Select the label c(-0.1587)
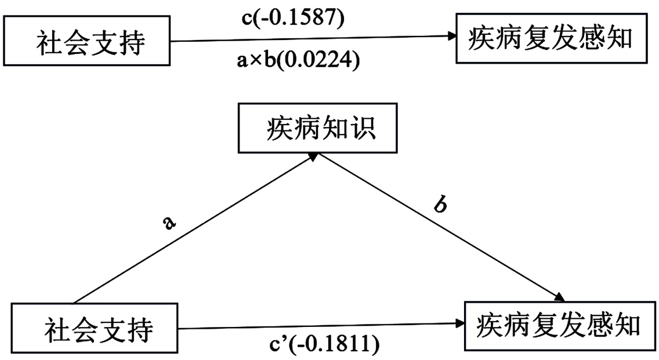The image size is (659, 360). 293,18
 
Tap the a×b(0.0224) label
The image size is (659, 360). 297,60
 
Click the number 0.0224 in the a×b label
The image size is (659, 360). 318,60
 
